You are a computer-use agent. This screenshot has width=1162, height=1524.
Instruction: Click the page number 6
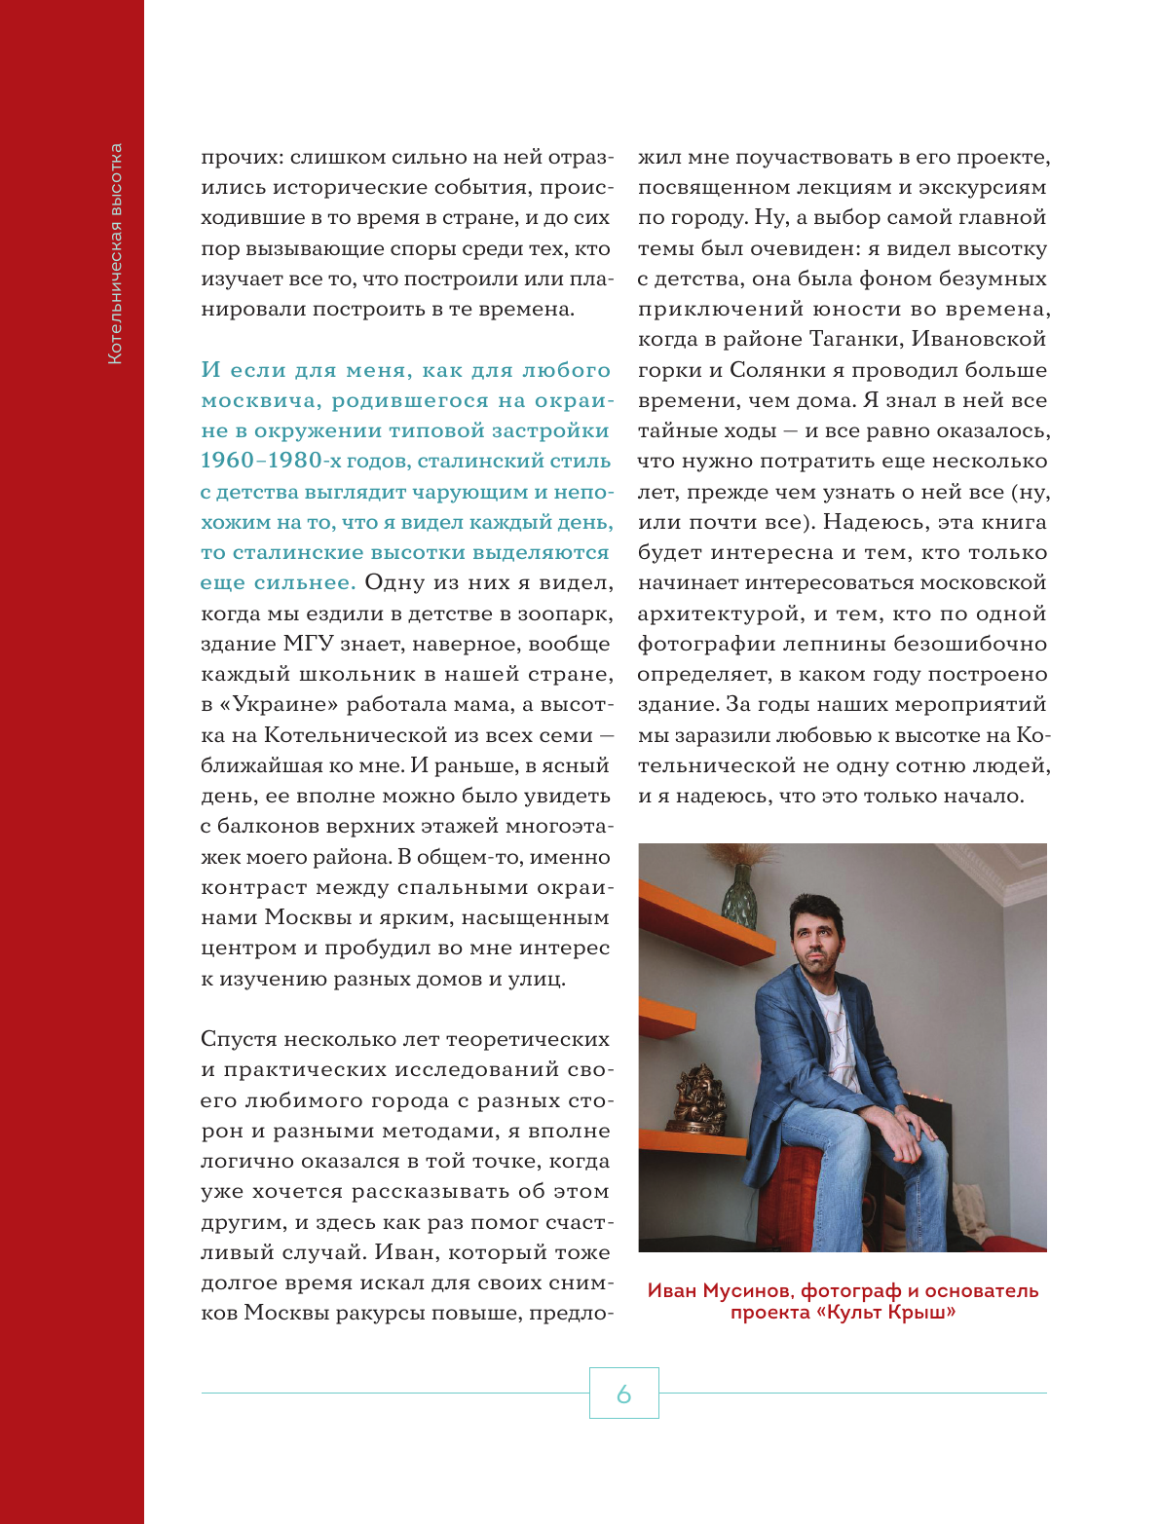[623, 1394]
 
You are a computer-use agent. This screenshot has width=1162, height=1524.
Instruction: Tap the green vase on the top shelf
[739, 896]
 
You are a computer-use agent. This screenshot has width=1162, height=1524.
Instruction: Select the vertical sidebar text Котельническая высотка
[115, 254]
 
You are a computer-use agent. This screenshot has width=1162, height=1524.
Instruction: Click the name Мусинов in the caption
[748, 1291]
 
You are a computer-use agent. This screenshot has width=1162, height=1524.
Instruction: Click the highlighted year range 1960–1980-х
[261, 461]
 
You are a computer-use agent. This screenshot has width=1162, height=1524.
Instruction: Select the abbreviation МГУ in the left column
[308, 644]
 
